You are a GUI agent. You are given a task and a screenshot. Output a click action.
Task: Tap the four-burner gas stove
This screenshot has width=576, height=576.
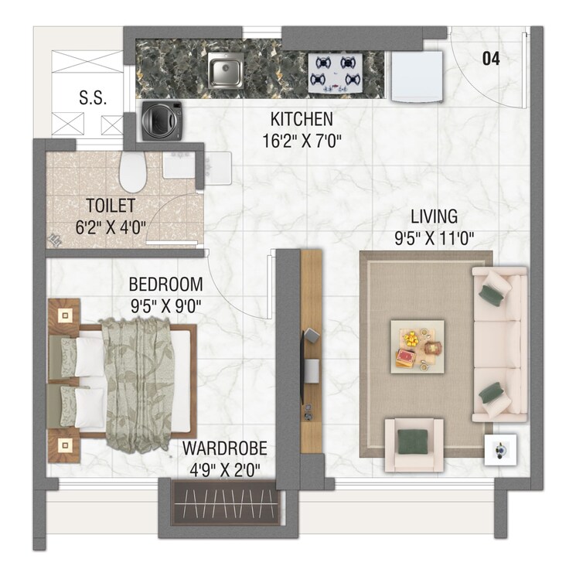pyautogui.click(x=336, y=73)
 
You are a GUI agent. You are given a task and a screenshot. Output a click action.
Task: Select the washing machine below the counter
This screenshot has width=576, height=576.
pyautogui.click(x=162, y=119)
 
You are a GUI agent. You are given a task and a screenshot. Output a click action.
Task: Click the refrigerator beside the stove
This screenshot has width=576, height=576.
pyautogui.click(x=418, y=77)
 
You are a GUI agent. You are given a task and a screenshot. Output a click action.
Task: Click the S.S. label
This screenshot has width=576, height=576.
pyautogui.click(x=92, y=98)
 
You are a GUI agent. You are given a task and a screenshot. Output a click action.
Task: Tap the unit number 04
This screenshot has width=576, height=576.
pyautogui.click(x=492, y=58)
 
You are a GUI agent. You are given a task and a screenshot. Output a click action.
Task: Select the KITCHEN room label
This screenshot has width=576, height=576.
pyautogui.click(x=302, y=120)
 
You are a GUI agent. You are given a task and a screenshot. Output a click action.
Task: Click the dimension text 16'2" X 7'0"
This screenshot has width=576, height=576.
pyautogui.click(x=302, y=141)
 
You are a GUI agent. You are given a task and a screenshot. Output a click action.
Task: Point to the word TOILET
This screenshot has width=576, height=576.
pyautogui.click(x=111, y=206)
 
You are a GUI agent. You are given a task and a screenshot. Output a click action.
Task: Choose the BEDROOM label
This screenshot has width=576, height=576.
pyautogui.click(x=165, y=284)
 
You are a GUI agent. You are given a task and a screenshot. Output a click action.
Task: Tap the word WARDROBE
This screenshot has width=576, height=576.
pyautogui.click(x=224, y=448)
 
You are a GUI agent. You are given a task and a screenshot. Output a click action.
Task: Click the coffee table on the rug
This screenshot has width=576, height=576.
pyautogui.click(x=418, y=346)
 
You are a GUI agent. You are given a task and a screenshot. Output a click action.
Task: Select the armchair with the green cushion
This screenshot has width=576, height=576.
pyautogui.click(x=414, y=444)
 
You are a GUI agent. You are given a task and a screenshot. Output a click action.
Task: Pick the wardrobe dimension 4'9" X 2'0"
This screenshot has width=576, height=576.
pyautogui.click(x=224, y=469)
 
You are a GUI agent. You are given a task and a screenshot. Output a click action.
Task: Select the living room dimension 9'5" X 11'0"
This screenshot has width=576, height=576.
pyautogui.click(x=434, y=237)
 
